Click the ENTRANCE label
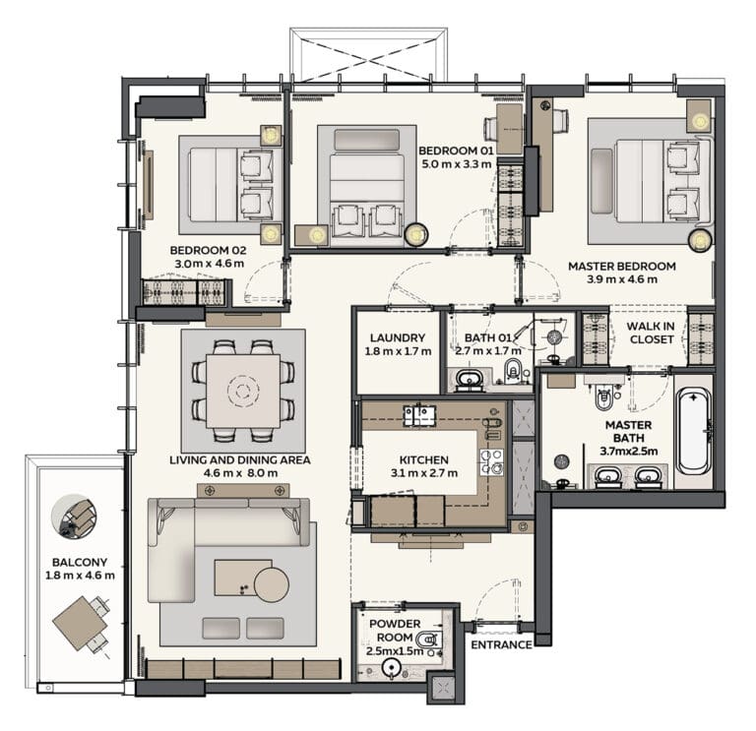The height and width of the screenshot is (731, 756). point(501,644)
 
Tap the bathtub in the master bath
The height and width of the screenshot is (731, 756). point(693,432)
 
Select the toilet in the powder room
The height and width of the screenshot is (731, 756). point(428,639)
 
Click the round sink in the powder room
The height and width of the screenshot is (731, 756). point(391,668)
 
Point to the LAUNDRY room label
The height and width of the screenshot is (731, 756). point(398,337)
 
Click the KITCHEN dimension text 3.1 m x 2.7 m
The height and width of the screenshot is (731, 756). point(424,472)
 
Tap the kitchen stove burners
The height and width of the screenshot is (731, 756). point(491,462)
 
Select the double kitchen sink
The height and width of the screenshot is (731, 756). point(419,416)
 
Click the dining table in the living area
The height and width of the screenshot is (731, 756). point(243,391)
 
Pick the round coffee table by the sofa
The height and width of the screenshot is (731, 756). point(272,584)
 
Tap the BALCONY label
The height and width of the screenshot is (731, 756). point(80,562)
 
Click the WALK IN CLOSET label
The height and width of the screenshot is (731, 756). point(651,333)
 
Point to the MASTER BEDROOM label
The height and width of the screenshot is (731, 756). point(622,266)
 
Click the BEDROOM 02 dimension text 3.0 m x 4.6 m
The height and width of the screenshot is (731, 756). point(210,264)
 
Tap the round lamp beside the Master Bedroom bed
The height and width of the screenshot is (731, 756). point(700,240)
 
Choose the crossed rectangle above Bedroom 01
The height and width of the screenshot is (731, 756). point(369,54)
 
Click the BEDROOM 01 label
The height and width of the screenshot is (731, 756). point(456,150)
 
